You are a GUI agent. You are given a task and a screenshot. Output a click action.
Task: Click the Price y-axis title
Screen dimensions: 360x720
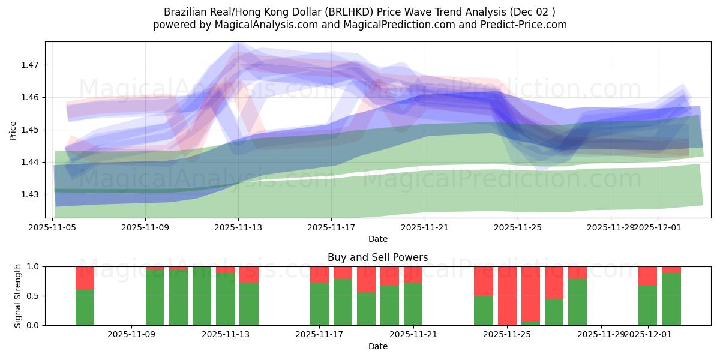[x=13, y=130]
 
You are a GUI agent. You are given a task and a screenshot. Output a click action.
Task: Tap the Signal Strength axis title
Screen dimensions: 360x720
[x=18, y=296]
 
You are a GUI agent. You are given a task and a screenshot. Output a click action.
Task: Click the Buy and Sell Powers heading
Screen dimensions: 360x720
[x=377, y=257]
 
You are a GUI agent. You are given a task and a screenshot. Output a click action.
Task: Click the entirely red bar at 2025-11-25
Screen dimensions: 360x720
[x=507, y=296]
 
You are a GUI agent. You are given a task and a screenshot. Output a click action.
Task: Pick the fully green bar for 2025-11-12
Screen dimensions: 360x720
[x=202, y=296]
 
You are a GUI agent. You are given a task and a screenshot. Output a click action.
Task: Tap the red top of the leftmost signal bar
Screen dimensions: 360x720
[x=85, y=277]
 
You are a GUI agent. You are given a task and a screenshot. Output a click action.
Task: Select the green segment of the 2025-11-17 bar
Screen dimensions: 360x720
[x=319, y=304]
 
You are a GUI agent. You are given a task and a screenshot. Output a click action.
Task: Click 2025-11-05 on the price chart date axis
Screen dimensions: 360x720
[x=53, y=227]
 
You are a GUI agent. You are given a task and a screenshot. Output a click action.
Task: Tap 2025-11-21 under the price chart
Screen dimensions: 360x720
[x=425, y=227]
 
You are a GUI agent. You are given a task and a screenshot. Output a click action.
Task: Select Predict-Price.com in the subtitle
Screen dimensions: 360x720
[x=526, y=25]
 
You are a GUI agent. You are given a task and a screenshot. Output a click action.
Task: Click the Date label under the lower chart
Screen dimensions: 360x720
[x=377, y=346]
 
